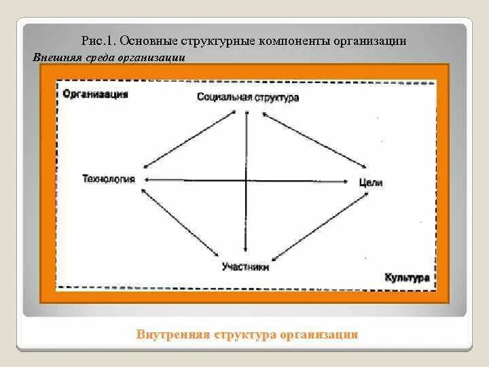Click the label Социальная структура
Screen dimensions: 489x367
point(248,98)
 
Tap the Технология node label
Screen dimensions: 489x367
point(109,179)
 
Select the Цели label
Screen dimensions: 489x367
point(372,182)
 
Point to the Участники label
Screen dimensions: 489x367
point(245,267)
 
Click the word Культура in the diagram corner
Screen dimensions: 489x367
point(407,278)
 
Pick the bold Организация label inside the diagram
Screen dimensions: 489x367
point(95,94)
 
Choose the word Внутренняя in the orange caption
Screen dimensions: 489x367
point(173,334)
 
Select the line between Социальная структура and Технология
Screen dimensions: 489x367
point(189,139)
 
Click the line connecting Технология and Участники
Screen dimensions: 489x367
point(181,223)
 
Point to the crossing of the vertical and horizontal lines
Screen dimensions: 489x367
point(246,180)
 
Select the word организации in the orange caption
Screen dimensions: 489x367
point(321,334)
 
